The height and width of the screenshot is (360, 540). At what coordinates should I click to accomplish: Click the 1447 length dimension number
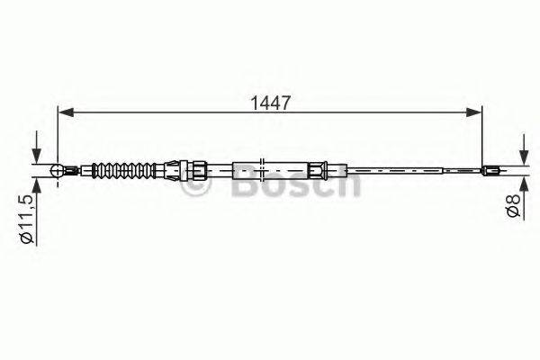(x=271, y=103)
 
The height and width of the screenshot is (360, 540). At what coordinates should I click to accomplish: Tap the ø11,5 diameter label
(x=27, y=219)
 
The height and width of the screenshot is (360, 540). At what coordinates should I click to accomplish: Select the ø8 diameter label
(x=513, y=205)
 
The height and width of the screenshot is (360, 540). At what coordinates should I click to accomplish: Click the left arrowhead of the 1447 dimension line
(x=66, y=112)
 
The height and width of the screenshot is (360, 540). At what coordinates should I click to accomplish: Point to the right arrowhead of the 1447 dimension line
(x=473, y=112)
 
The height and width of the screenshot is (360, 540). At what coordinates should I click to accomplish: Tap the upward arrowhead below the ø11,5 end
(x=37, y=185)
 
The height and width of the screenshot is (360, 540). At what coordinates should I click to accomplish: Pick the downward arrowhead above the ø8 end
(x=524, y=157)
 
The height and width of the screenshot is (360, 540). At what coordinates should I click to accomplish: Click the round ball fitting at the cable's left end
(x=57, y=170)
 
